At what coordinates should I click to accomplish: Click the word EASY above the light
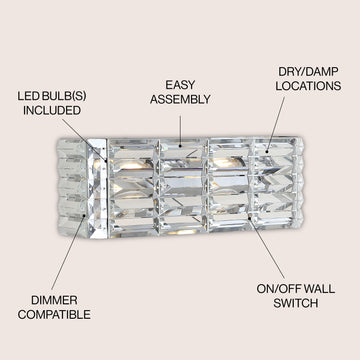coord(180,85)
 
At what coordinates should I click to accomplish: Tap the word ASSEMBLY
coord(180,99)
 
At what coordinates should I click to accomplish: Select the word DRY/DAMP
coord(308,71)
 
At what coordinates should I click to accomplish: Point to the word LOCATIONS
coord(308,86)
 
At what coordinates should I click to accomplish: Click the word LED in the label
coord(26,96)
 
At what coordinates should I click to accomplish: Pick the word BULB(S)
coord(62,96)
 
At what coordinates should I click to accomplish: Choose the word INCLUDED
coord(52,110)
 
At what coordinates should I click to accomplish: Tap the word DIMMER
coord(54,300)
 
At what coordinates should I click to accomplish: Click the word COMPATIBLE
coord(54,314)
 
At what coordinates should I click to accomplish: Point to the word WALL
coord(319,289)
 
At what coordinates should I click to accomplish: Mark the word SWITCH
coord(296,303)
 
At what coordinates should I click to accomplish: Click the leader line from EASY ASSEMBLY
coord(180,130)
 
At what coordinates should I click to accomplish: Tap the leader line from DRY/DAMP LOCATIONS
coord(276,124)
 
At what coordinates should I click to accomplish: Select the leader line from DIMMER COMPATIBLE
coord(68,253)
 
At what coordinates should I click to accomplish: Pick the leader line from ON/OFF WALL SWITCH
coord(267,248)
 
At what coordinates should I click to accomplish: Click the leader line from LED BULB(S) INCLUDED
coord(84,140)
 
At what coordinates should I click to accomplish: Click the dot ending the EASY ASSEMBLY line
coord(180,146)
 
